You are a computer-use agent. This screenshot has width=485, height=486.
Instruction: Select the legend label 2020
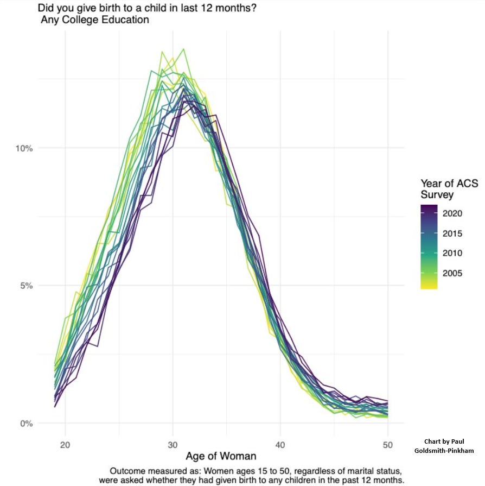(x=452, y=213)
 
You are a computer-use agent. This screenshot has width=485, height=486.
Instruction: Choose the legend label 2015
(x=452, y=233)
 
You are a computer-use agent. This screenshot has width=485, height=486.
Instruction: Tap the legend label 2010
(x=452, y=253)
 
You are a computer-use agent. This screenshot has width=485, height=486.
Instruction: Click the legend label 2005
(x=452, y=273)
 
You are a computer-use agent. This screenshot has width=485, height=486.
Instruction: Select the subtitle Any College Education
(x=95, y=21)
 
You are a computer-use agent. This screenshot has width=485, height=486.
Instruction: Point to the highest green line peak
(x=183, y=49)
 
